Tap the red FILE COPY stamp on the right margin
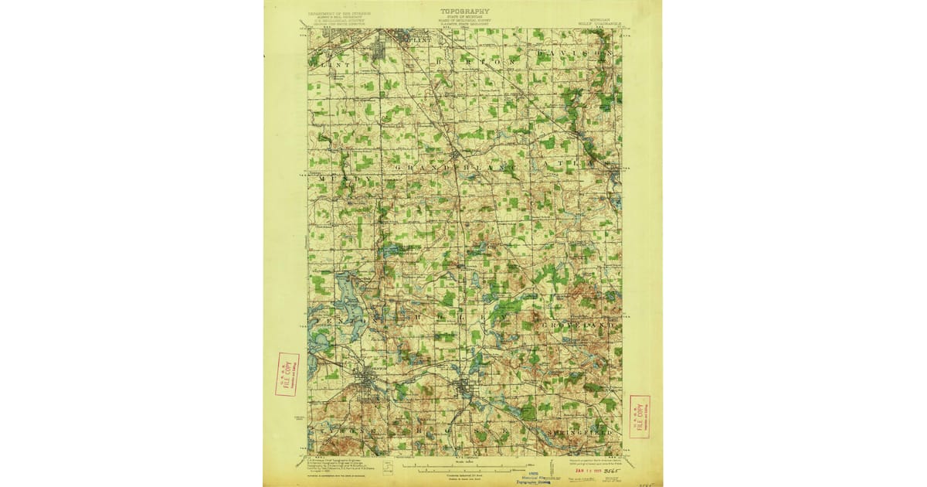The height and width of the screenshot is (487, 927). [x=640, y=416]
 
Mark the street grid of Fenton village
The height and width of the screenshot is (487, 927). [x=365, y=380]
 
